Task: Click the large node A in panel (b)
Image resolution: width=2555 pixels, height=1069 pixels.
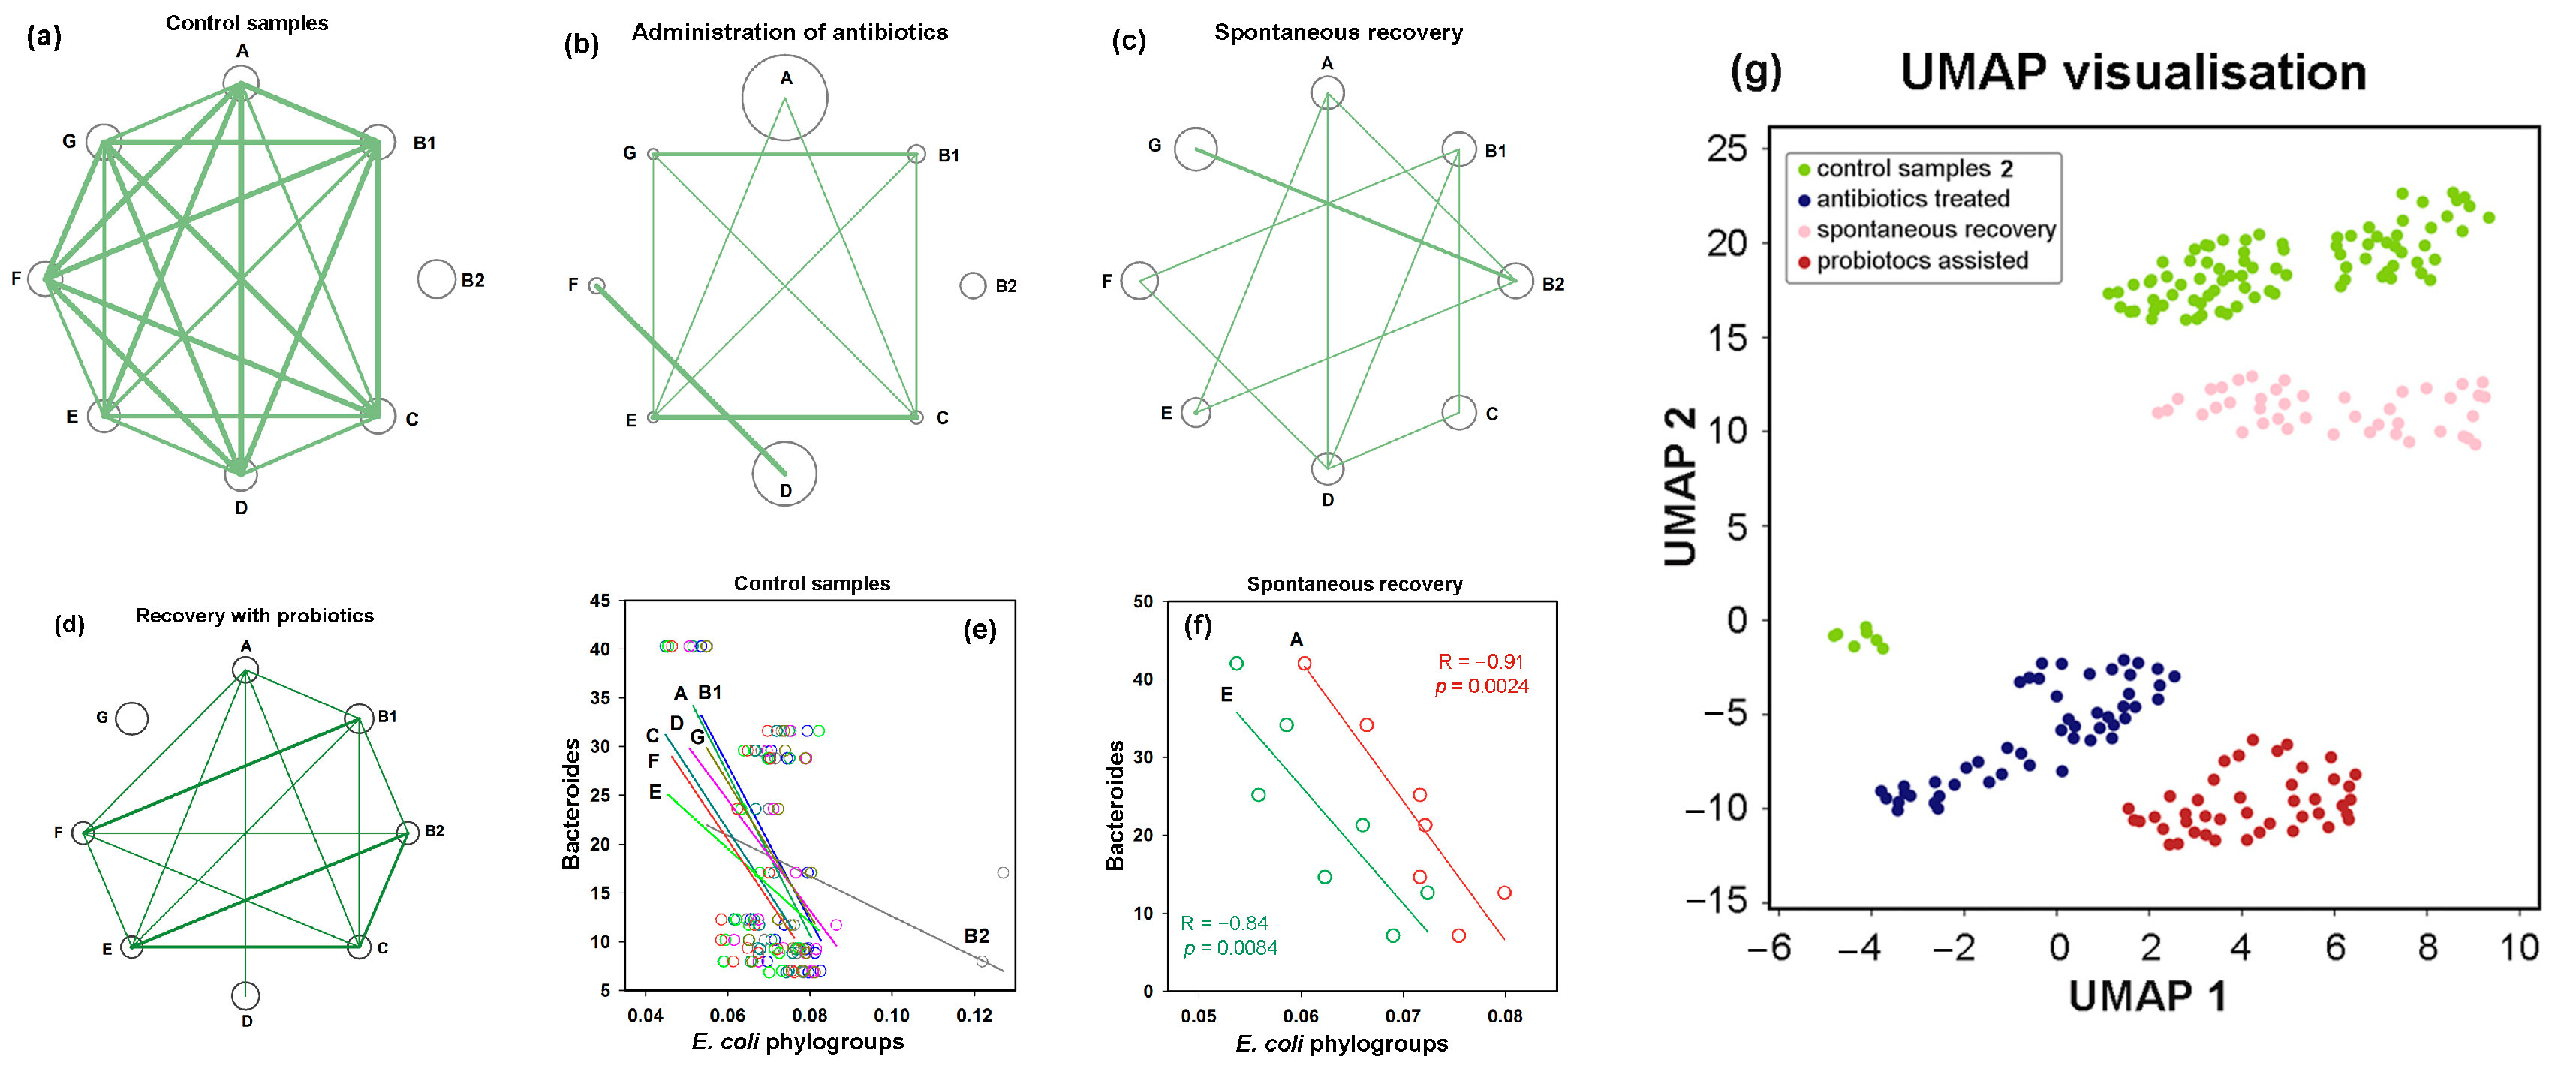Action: click(x=784, y=97)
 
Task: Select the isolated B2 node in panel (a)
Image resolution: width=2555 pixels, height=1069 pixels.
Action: click(x=436, y=280)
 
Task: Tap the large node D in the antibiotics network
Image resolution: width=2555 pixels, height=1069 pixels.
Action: click(x=784, y=474)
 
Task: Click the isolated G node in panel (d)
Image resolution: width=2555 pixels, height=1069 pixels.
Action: click(x=132, y=718)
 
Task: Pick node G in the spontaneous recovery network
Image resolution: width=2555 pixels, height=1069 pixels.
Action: click(x=1195, y=149)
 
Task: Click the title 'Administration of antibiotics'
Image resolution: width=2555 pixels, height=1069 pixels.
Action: click(x=790, y=32)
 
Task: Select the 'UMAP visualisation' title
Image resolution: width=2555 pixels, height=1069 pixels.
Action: click(x=2132, y=71)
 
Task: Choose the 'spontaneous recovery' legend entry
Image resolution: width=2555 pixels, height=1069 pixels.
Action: click(x=1935, y=229)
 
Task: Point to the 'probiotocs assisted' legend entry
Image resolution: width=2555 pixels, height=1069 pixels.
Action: click(x=1922, y=260)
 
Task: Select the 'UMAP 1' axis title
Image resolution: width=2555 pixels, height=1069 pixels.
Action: click(x=2147, y=995)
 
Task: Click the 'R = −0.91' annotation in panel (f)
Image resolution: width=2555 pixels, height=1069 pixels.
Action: click(x=1480, y=661)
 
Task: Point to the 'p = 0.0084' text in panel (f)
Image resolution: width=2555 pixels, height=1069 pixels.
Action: click(x=1230, y=948)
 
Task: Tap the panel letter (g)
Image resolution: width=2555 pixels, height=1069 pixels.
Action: click(x=1756, y=71)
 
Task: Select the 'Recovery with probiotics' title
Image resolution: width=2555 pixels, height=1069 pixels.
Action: click(x=255, y=615)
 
